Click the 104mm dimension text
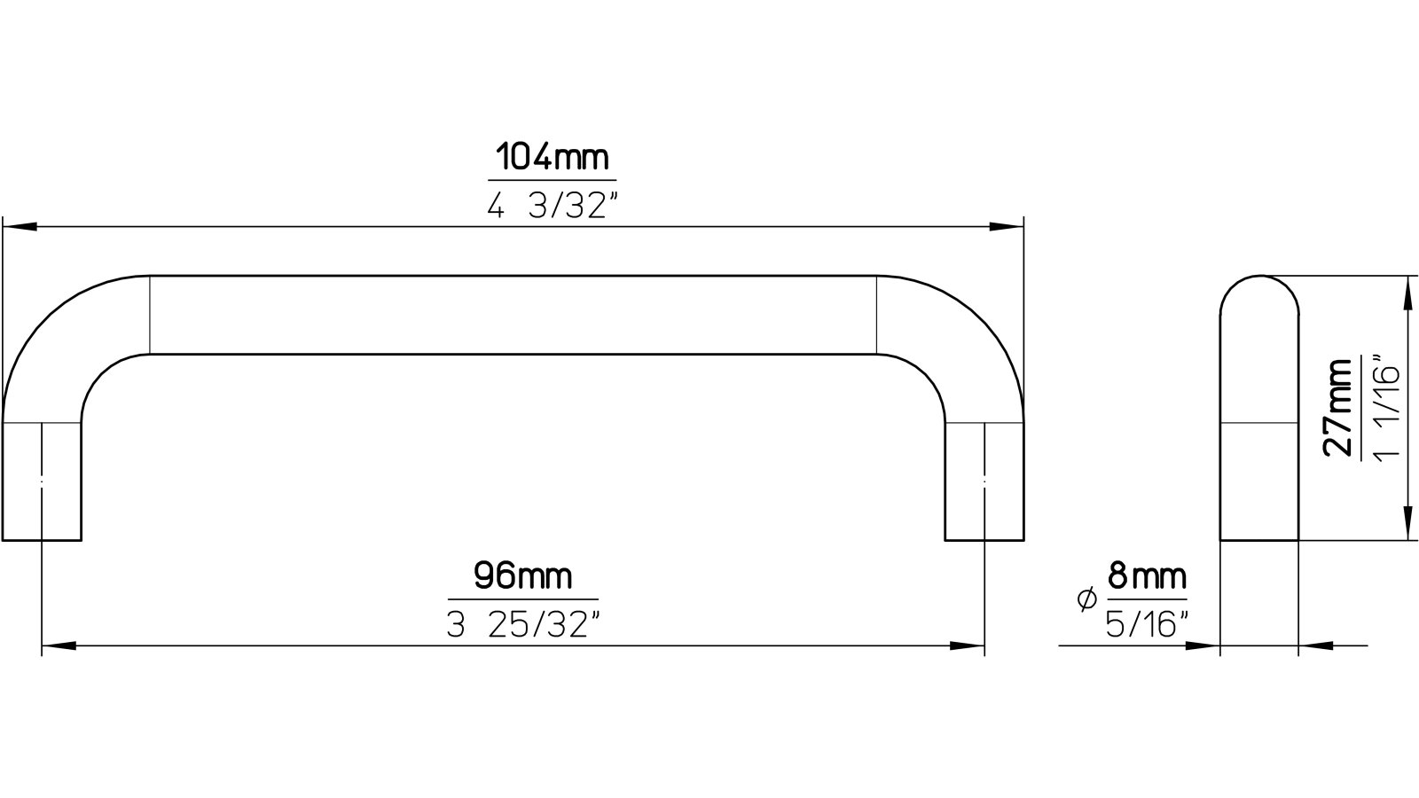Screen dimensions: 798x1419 pos(552,158)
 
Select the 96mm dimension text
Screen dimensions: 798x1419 pos(523,577)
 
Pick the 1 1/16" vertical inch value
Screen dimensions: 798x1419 pos(1385,407)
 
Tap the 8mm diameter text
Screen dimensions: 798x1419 pos(1146,578)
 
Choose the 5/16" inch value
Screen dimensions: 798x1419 pos(1146,625)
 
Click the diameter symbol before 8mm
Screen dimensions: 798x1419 pos(1085,601)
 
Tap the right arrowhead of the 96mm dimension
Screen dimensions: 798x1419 pos(968,646)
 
